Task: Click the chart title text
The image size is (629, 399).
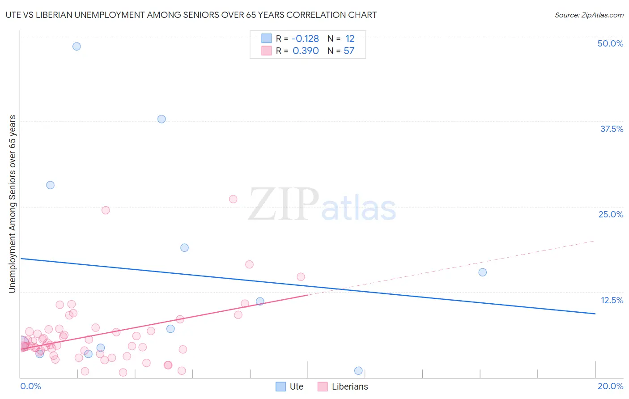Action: (191, 15)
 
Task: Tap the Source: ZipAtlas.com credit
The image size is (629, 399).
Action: (589, 15)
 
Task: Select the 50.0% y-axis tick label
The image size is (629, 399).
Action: (610, 43)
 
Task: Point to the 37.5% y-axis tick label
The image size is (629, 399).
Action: (612, 129)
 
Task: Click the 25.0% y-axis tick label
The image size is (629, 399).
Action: (611, 214)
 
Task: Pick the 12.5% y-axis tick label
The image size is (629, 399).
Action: (612, 300)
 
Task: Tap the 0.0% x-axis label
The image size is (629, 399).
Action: (30, 386)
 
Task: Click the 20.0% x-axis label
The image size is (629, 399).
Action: (610, 386)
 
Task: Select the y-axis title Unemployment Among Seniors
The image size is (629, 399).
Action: (12, 204)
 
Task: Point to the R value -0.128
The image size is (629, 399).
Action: (306, 39)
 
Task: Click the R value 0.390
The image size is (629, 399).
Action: (306, 51)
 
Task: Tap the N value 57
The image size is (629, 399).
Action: (349, 51)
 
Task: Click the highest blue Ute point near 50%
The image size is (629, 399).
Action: (76, 47)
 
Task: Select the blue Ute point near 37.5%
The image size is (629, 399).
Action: (161, 119)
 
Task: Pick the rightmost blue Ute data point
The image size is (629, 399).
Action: (482, 272)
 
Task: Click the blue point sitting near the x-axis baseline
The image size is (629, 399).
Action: (358, 371)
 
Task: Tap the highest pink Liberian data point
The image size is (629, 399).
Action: (233, 199)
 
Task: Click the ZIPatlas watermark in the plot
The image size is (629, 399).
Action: (322, 204)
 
